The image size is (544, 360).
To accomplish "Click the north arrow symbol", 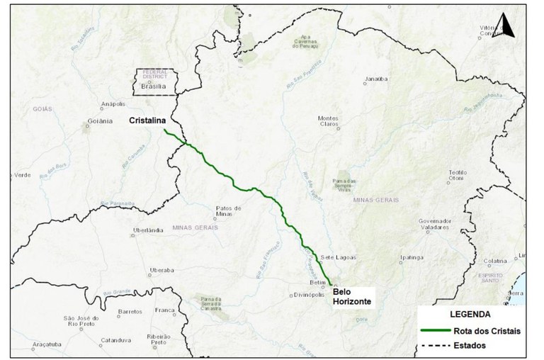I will click(507, 26).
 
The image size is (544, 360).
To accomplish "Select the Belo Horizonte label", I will click(352, 296).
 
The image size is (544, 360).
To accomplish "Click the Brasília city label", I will click(153, 86).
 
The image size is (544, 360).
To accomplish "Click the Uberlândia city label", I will click(148, 230).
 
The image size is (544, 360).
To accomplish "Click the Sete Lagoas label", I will click(336, 257).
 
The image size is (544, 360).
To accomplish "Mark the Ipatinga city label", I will click(412, 257).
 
